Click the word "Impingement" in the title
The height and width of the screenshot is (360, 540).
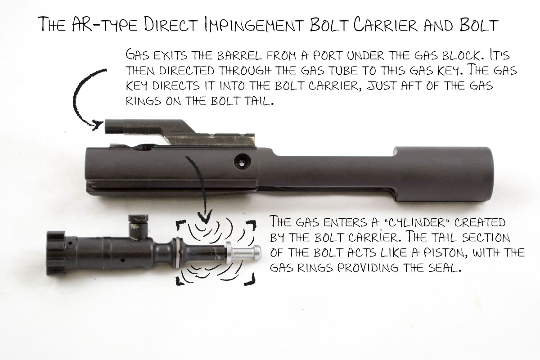coord(254,25)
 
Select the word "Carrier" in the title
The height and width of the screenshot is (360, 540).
coord(386,25)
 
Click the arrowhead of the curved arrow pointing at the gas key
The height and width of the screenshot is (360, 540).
coord(97,125)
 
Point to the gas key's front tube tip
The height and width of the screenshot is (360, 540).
coord(107,127)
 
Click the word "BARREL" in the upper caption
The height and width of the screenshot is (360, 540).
coord(239,56)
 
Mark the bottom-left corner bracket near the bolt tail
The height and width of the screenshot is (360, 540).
coord(180,281)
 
